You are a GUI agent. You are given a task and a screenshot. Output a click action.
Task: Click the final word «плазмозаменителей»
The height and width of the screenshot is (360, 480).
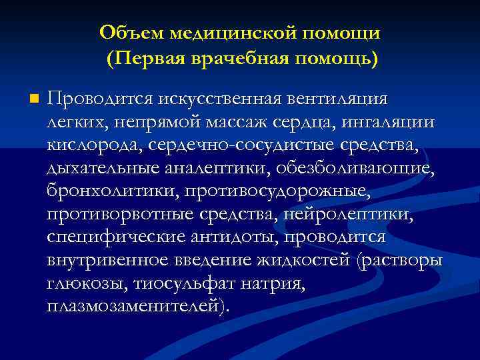click(x=137, y=307)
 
